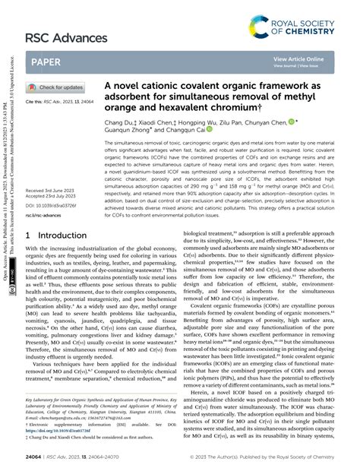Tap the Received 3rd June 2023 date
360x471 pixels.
click(51, 191)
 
